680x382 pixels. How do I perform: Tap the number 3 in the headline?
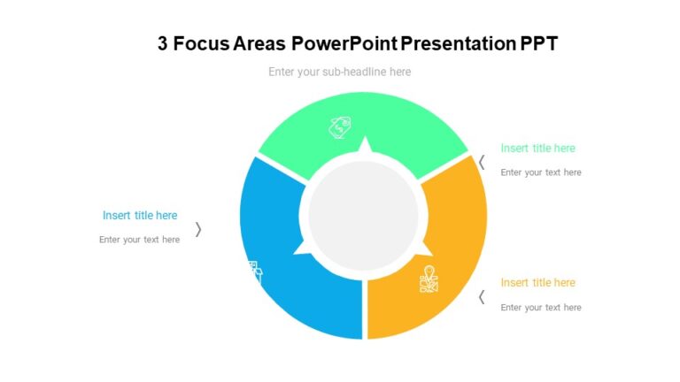[x=163, y=43]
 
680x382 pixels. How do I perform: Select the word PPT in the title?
[x=539, y=43]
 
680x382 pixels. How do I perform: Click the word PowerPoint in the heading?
[x=344, y=43]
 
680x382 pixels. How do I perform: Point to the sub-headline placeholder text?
[x=339, y=72]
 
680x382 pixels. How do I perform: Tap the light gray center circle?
[x=363, y=215]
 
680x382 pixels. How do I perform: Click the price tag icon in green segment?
[x=341, y=127]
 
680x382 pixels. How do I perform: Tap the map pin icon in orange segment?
[x=429, y=279]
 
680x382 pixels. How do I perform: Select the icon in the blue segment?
[x=252, y=271]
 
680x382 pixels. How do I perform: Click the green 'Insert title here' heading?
[x=537, y=149]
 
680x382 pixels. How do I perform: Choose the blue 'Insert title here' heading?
[x=140, y=216]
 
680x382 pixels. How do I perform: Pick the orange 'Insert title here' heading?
[x=537, y=283]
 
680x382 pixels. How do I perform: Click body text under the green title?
[x=541, y=172]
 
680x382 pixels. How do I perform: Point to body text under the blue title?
[x=139, y=240]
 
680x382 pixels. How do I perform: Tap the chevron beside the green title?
[x=482, y=162]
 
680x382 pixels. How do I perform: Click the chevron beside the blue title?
[x=198, y=229]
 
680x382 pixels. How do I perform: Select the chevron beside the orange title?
[x=482, y=297]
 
